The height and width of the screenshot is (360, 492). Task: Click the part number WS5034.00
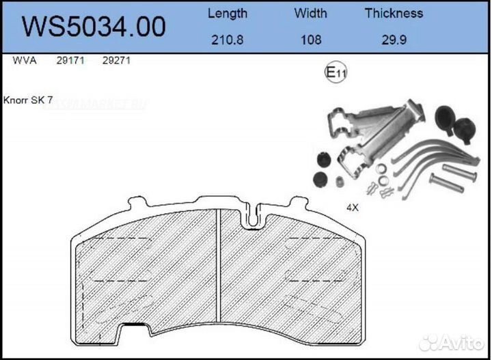coord(94,27)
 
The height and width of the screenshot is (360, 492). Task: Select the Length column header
coord(228,13)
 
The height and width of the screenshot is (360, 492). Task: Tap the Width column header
coord(311,13)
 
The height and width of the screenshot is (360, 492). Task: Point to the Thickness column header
coord(394,13)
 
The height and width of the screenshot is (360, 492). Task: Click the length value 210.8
coord(228,40)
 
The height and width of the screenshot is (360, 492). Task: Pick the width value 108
coord(311,40)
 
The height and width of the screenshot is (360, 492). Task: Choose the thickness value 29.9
coord(394,40)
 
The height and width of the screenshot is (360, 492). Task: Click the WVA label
coord(25,61)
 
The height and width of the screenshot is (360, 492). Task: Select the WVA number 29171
coord(70,61)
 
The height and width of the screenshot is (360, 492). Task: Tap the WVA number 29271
coord(116,61)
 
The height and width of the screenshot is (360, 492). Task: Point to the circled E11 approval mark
coord(335,74)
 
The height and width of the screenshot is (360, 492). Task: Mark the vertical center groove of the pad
coord(217,273)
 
